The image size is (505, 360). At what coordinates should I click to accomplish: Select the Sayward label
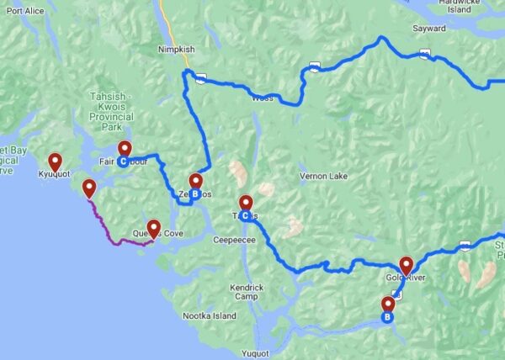coord(429,28)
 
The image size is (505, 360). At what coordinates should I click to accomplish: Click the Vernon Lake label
coord(322,176)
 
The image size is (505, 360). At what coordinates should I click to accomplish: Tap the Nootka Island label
coord(210,315)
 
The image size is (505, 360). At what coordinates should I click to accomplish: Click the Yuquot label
coord(254,352)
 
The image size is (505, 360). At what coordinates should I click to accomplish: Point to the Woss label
coord(262,98)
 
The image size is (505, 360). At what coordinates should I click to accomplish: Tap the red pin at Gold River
coord(407,264)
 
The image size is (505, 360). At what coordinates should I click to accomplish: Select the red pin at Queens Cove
coord(154,227)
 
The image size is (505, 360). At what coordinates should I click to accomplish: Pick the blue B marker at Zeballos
coord(194,194)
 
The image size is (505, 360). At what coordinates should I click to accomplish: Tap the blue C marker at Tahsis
coord(245,216)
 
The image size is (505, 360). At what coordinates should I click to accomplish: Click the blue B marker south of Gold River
coord(387,318)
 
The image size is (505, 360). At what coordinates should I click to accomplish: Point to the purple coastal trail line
coord(105,225)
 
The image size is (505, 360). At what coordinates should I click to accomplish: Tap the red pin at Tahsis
coord(246,203)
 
